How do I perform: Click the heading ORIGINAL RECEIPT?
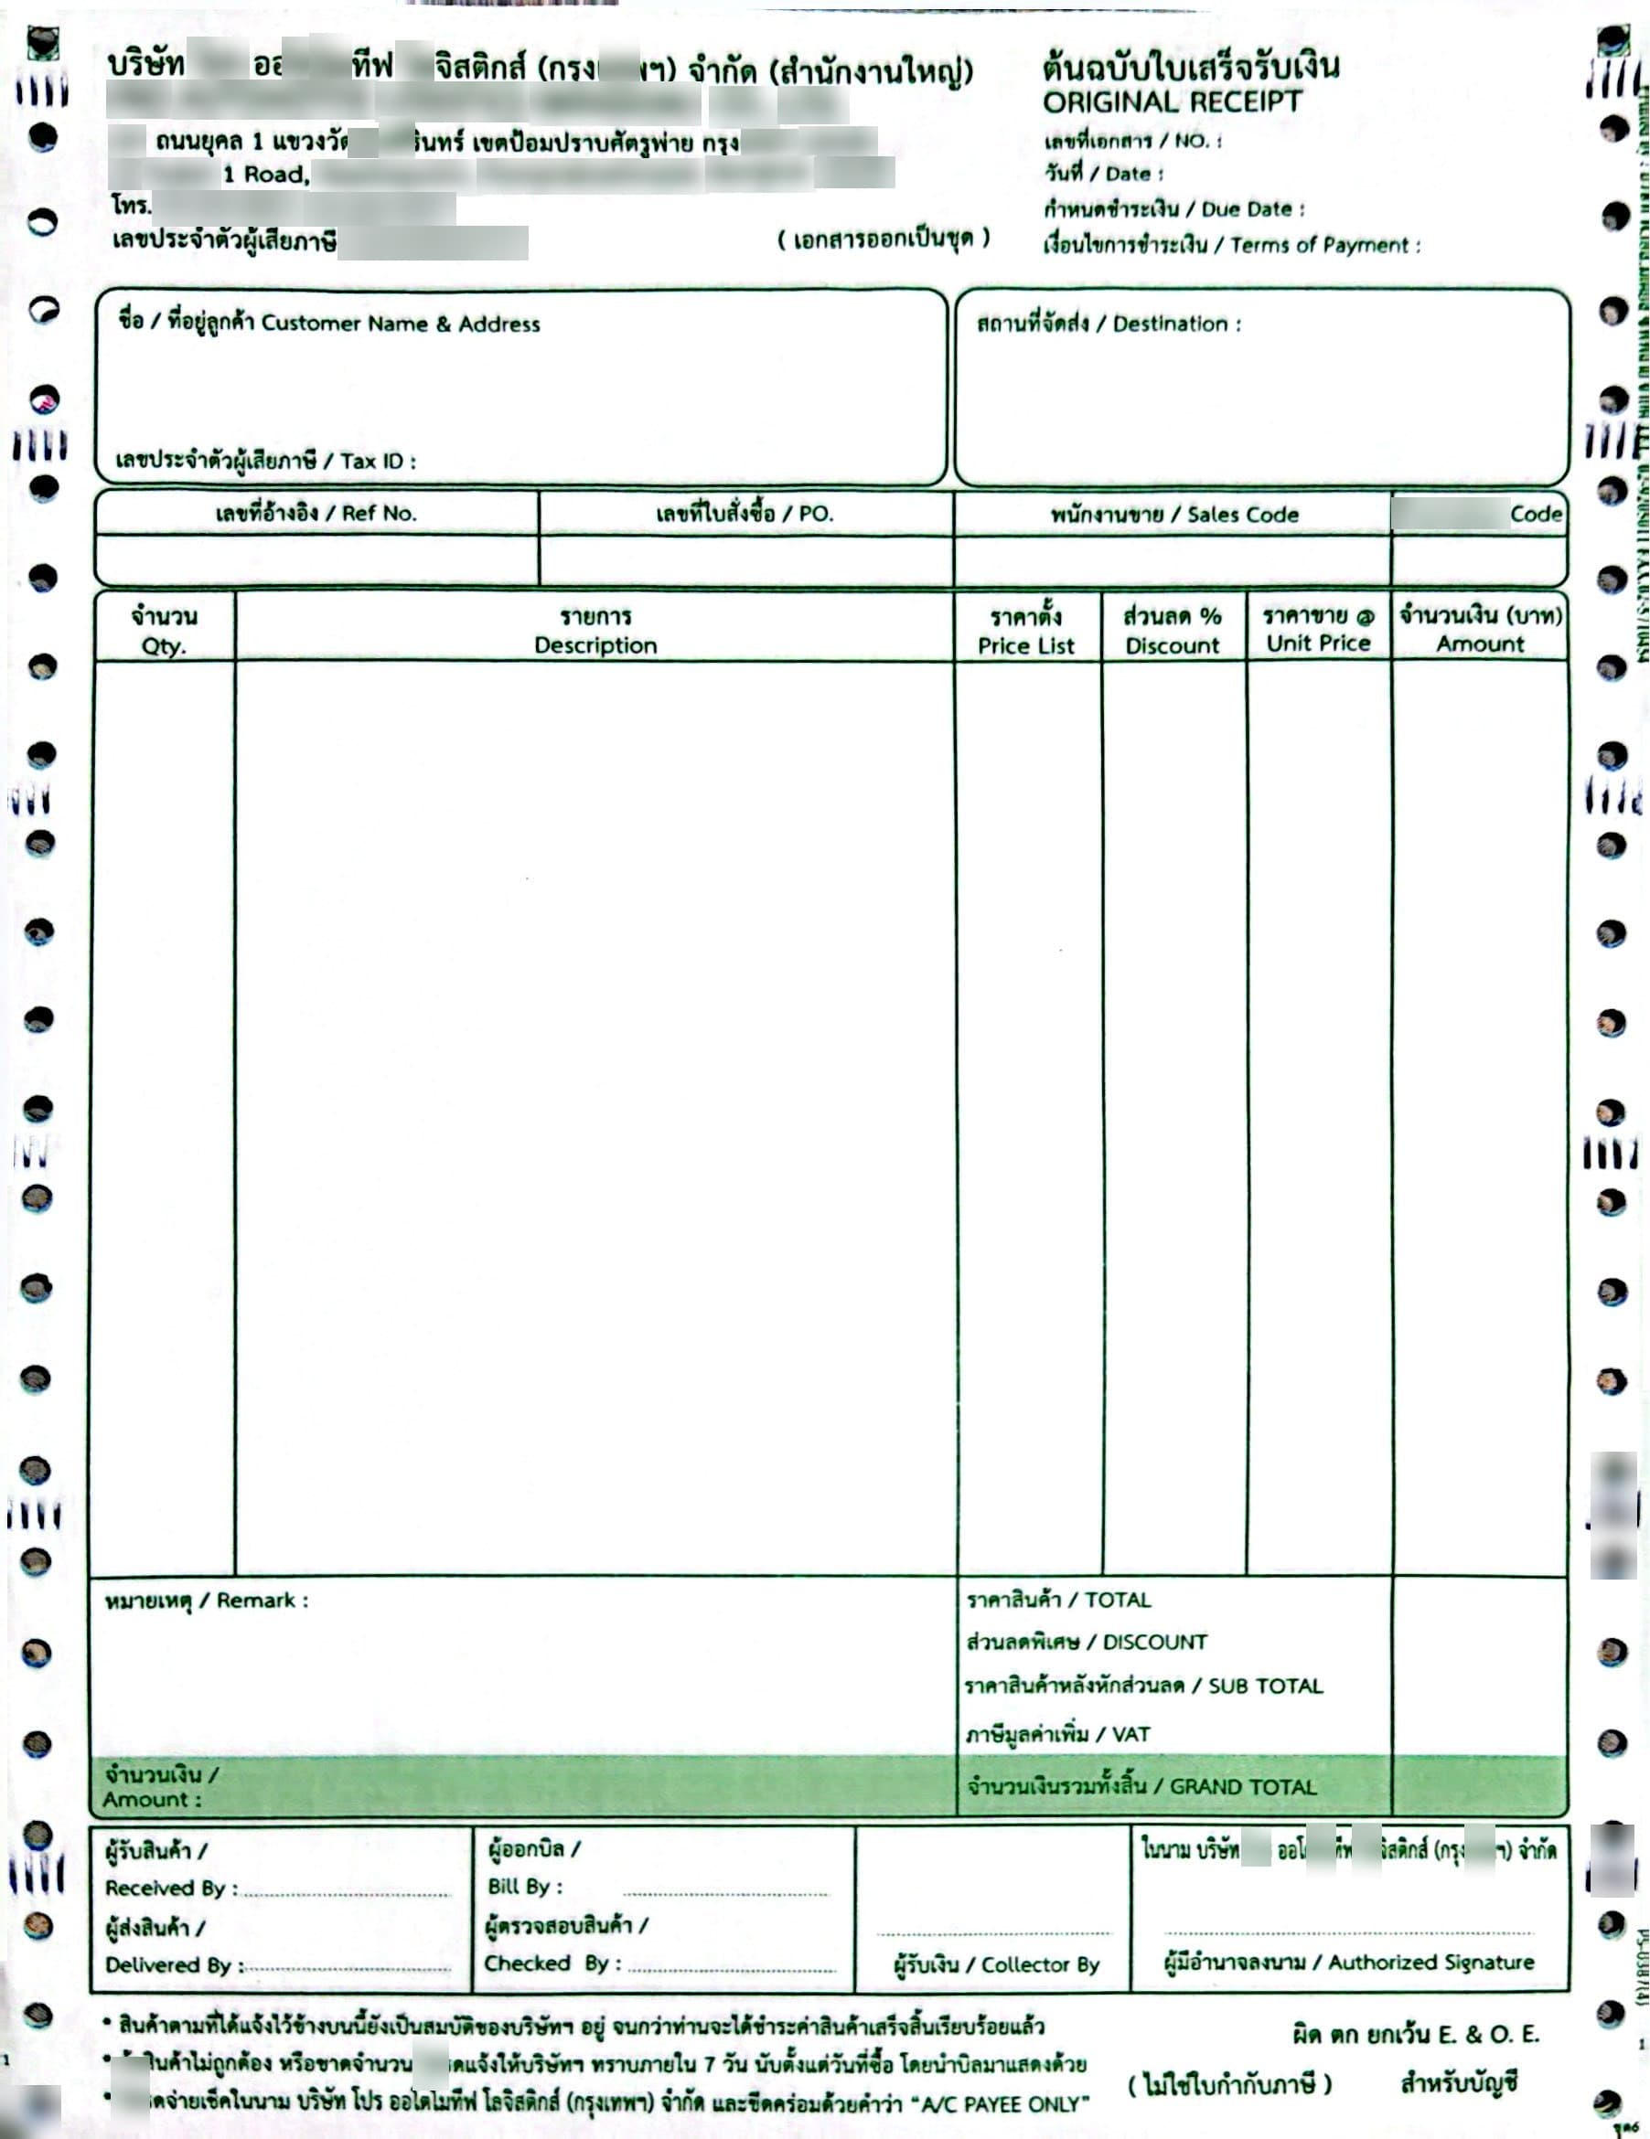(1172, 101)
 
